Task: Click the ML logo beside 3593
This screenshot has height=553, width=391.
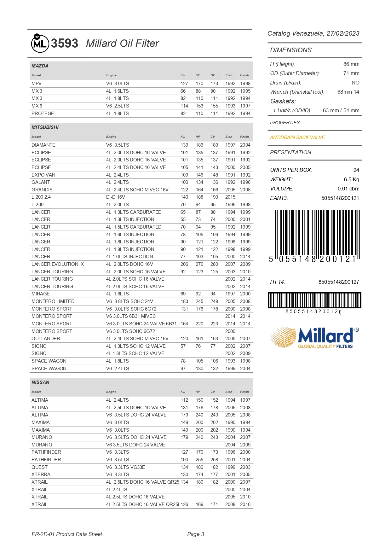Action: (40, 43)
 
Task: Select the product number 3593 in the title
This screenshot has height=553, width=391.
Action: (65, 43)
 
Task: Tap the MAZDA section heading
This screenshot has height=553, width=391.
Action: (40, 66)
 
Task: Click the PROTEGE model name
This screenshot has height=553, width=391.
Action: (43, 114)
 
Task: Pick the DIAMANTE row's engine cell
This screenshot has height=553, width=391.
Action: (118, 145)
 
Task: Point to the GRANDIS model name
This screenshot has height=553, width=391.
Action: (42, 190)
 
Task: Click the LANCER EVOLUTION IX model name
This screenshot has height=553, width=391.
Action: (58, 264)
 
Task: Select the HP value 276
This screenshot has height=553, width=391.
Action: (199, 264)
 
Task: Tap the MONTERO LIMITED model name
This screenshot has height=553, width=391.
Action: (53, 301)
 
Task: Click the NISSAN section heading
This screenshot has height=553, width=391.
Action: (40, 382)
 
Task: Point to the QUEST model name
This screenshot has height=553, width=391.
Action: (39, 467)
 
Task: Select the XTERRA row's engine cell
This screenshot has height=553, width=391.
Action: (118, 474)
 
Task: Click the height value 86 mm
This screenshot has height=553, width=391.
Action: (351, 64)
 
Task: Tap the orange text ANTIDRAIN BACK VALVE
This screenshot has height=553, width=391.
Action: (297, 137)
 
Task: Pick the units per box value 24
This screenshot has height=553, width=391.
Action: (356, 170)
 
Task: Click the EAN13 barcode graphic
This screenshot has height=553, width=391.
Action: (314, 235)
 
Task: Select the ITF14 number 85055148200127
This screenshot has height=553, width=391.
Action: (339, 282)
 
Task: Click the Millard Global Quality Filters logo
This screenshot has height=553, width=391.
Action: (314, 337)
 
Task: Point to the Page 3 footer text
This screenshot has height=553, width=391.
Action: (196, 534)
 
